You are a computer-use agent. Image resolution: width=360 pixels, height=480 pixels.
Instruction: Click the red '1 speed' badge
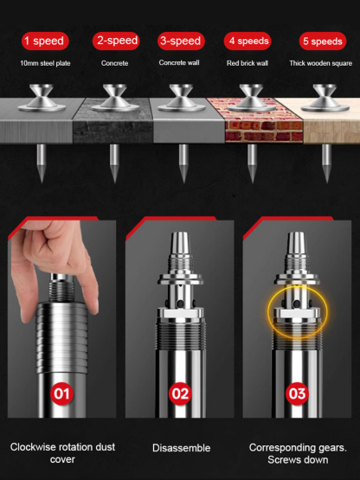pos(42,41)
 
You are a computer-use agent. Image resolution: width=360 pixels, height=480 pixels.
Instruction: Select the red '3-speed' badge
pos(180,41)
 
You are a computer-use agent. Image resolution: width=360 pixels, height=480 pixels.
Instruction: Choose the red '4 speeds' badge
pos(247,41)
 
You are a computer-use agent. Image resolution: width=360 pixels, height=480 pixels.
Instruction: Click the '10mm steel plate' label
pos(42,63)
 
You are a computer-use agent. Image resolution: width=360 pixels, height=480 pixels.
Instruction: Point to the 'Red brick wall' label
pos(248,63)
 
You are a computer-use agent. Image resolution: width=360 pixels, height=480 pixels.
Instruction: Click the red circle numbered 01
pos(62,394)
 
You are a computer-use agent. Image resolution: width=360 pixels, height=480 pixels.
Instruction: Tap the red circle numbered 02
pos(179,394)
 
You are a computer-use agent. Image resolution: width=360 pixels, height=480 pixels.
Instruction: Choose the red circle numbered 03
pos(297,394)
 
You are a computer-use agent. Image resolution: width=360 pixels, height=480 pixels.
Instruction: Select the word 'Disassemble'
pos(180,448)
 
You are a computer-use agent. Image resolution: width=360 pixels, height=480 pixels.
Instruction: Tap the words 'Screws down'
pos(298,459)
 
